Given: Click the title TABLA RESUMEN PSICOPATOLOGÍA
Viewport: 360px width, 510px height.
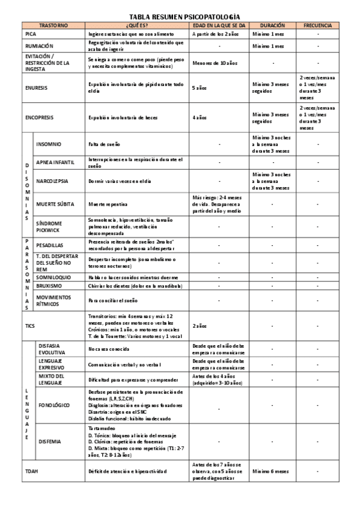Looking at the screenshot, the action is [x=180, y=17].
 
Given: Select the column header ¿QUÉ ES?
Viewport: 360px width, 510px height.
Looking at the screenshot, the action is [x=136, y=26].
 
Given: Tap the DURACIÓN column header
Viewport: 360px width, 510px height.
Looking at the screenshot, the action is [x=272, y=26].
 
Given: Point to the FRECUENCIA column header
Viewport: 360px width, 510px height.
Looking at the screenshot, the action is [x=317, y=26].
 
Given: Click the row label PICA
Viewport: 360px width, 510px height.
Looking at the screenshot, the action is [x=31, y=34].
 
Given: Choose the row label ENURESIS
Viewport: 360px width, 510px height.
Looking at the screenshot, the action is [x=37, y=87].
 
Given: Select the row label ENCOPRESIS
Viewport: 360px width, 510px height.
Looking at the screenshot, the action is [x=40, y=117].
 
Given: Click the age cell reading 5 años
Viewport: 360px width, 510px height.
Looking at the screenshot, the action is [x=199, y=87].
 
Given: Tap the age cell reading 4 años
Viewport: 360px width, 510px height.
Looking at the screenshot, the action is [x=199, y=117].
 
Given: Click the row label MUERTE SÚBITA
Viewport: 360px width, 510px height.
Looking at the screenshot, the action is [x=55, y=204].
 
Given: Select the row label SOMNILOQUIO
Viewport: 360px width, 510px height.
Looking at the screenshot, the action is [x=53, y=277].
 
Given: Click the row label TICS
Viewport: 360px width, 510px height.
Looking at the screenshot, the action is [x=30, y=325].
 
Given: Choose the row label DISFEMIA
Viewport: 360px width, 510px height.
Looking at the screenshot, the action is [x=49, y=441].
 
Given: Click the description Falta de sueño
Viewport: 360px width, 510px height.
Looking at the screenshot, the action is [x=103, y=144].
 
